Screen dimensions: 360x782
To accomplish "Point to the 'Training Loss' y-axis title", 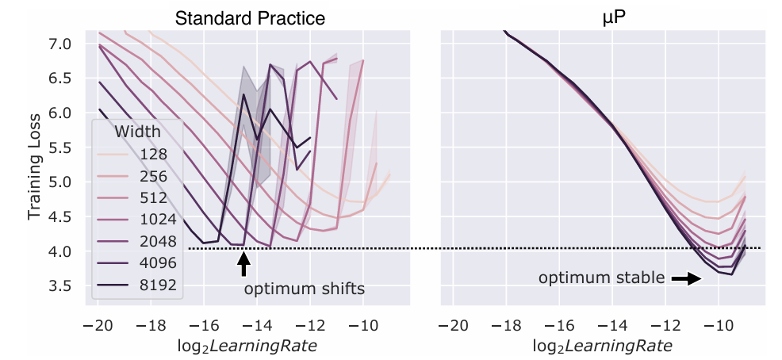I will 34,163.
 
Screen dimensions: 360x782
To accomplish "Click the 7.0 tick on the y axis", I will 61,43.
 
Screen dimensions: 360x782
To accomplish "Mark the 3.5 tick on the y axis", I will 61,285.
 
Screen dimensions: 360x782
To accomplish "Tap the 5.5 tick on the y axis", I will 61,147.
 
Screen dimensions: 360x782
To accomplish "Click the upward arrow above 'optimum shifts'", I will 244,263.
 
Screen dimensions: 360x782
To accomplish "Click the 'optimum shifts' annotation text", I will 304,289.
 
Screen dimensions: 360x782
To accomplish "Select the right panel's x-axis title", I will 603,346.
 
